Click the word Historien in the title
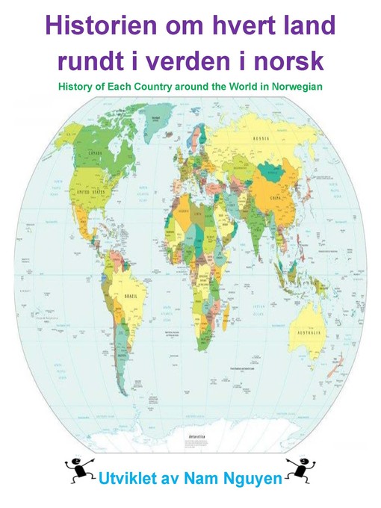click(x=97, y=27)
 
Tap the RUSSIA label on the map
click(x=282, y=139)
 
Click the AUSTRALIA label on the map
click(x=308, y=331)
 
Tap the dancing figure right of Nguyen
click(x=300, y=470)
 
